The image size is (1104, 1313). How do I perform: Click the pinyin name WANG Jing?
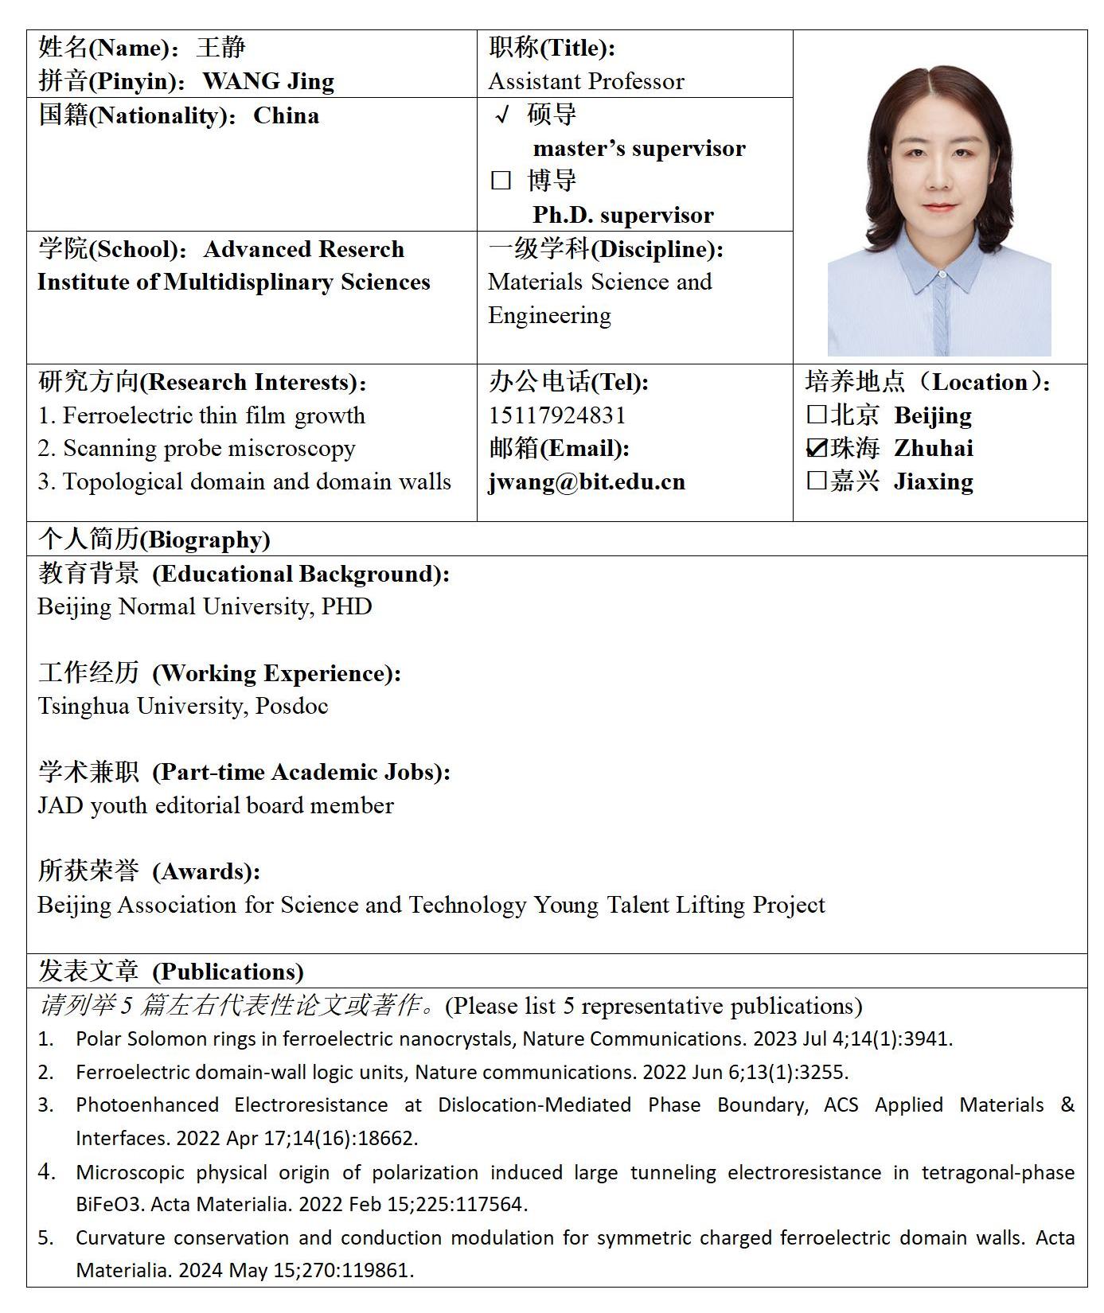[268, 81]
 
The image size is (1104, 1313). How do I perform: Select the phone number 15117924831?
[557, 415]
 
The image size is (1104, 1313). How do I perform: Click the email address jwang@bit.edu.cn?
[587, 482]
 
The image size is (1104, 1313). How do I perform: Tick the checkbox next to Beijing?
[816, 415]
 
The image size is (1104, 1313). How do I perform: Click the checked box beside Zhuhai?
[817, 448]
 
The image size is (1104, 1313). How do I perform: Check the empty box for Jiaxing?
[816, 481]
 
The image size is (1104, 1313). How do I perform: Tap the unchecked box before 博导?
[501, 181]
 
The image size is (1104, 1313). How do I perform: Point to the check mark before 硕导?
[501, 115]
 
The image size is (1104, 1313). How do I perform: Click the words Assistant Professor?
[586, 81]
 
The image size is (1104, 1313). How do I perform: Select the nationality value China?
[286, 115]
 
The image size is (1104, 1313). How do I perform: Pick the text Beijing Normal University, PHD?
[205, 606]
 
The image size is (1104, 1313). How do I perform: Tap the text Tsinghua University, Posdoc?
[182, 706]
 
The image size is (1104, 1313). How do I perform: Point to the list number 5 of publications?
[45, 1237]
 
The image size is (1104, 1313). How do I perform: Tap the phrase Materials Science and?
[599, 282]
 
